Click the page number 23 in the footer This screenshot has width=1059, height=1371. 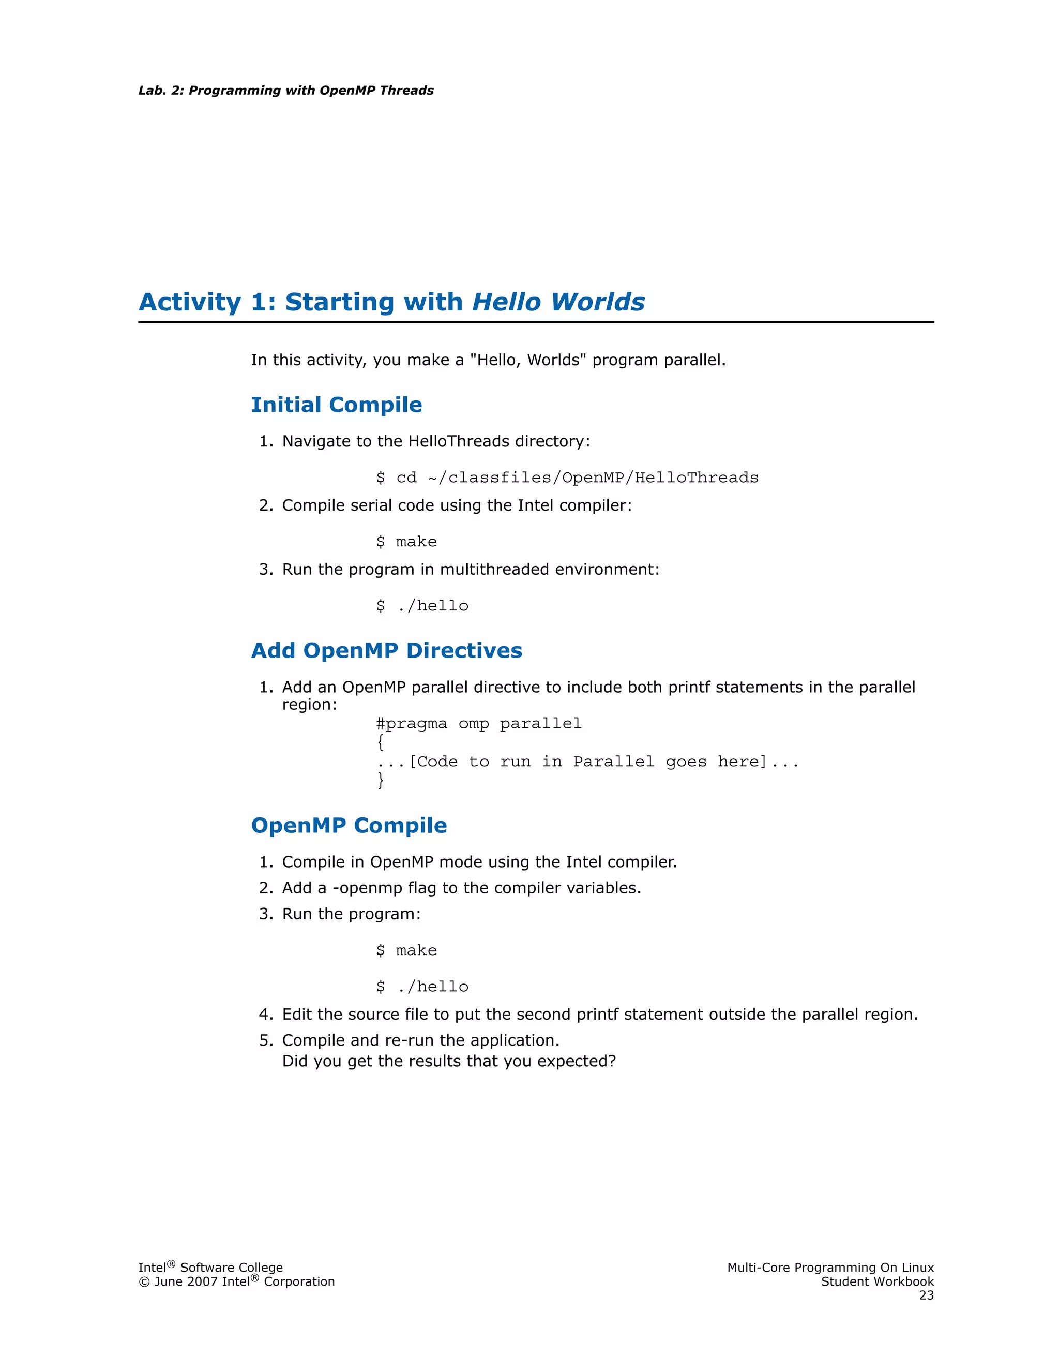pos(926,1295)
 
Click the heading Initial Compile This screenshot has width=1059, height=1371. pos(336,405)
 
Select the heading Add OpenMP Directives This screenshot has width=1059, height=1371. pos(386,650)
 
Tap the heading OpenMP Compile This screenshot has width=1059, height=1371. pos(349,826)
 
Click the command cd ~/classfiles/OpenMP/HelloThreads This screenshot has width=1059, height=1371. pos(577,478)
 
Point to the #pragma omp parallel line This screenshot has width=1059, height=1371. pos(479,724)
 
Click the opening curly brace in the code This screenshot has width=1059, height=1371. pos(380,742)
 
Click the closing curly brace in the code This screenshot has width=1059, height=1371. pos(380,780)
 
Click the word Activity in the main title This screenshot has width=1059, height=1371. pos(189,302)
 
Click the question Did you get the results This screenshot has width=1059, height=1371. pos(448,1061)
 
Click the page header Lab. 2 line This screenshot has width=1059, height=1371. pos(286,91)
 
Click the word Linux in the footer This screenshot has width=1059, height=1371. pos(917,1268)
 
